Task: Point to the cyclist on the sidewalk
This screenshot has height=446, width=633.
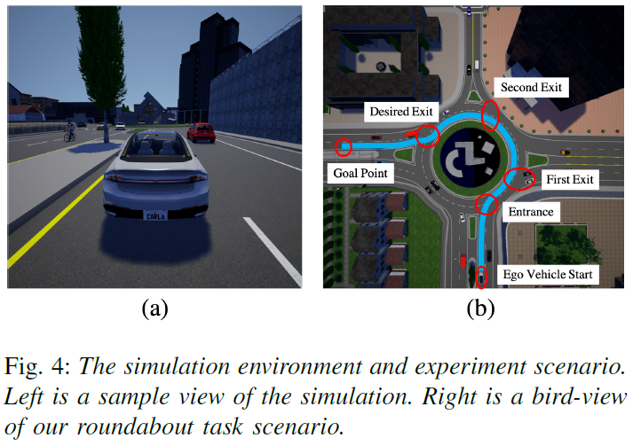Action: (69, 133)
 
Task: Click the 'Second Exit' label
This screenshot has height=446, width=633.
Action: (532, 88)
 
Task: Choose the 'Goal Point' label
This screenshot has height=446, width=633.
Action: (360, 173)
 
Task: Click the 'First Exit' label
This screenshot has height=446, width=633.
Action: (569, 179)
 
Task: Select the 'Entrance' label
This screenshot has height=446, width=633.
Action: (529, 212)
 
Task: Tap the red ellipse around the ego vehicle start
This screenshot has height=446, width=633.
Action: (481, 276)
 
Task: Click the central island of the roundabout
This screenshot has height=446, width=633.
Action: (470, 159)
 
